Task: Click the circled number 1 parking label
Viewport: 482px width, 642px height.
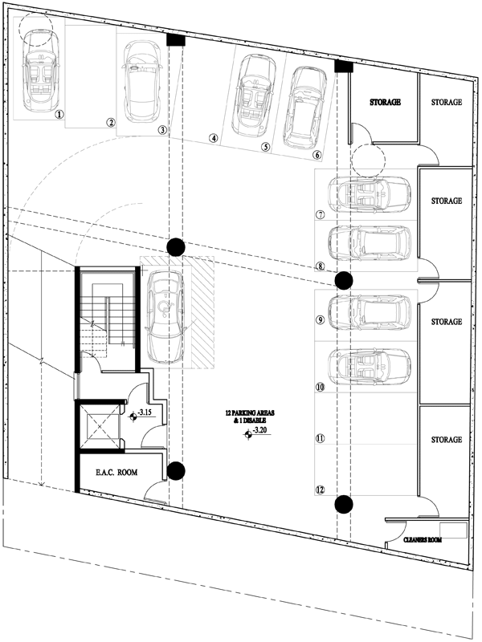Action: pos(59,114)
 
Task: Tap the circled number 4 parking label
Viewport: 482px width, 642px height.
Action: pos(214,138)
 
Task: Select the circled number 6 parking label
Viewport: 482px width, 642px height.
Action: pos(317,155)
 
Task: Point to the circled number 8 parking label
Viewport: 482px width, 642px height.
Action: pos(320,267)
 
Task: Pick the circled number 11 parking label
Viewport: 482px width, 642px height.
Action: pos(320,438)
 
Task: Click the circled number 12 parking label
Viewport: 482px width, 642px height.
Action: pos(320,490)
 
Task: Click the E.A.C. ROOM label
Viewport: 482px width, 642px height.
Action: pos(116,473)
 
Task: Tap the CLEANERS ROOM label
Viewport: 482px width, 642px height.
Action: pos(423,540)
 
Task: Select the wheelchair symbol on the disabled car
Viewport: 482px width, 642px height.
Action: pos(165,307)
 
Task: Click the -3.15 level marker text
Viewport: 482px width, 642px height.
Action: pos(145,412)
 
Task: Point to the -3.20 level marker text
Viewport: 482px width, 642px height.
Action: pos(259,430)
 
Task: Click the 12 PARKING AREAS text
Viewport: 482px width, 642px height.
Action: pos(250,413)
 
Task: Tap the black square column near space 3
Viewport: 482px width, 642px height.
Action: pos(176,40)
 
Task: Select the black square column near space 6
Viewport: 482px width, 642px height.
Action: pos(344,67)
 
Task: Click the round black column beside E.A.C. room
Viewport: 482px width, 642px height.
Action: pos(176,471)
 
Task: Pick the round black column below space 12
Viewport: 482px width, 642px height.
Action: pos(344,504)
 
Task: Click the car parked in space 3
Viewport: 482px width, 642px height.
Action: pos(143,79)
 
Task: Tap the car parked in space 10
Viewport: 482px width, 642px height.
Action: pos(370,367)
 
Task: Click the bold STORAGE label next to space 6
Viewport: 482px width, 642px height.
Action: pos(386,103)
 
